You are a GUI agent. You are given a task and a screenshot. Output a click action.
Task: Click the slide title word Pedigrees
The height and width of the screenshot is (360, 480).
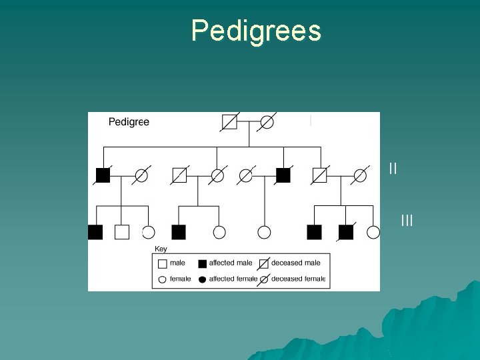(x=256, y=31)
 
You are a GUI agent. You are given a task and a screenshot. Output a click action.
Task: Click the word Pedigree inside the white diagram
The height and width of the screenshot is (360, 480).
(x=129, y=122)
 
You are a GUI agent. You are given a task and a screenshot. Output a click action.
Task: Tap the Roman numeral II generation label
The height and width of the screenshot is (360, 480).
(x=393, y=169)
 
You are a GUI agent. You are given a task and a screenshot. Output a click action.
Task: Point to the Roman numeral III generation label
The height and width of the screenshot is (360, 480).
(x=407, y=219)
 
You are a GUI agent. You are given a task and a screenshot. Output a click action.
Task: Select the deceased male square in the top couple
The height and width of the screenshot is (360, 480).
(x=229, y=122)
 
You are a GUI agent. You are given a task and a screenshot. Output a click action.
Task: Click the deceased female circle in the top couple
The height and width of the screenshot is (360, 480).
(x=267, y=122)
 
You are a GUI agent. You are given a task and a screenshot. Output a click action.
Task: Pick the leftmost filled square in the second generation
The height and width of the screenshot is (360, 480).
(x=103, y=175)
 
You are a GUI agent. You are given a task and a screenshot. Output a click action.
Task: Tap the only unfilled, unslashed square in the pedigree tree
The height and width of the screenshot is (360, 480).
(x=121, y=232)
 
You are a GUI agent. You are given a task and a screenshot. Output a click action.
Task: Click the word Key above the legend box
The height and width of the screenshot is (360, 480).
(x=161, y=249)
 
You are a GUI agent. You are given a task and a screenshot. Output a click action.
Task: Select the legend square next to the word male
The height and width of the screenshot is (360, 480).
(x=162, y=263)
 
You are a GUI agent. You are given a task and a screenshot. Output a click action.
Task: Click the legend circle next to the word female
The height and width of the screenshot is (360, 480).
(x=162, y=279)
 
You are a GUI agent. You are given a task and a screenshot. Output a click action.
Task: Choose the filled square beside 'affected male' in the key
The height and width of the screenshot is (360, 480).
(x=203, y=263)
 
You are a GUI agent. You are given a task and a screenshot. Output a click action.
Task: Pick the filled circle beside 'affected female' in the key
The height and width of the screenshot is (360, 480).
(x=203, y=279)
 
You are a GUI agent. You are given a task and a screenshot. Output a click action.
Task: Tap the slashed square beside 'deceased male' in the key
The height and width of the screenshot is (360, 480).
(x=264, y=263)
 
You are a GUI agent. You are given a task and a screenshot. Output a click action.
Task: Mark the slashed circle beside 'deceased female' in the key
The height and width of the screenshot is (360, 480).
(x=264, y=279)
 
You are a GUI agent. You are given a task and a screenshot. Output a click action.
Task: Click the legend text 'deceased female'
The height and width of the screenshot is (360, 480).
(x=299, y=279)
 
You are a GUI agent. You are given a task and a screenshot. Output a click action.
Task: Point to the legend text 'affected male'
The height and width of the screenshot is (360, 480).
(x=231, y=263)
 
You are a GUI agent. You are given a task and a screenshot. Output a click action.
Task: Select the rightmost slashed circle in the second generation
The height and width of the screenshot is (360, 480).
(x=360, y=175)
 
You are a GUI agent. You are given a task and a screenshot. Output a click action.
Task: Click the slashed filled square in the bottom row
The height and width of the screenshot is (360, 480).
(x=345, y=232)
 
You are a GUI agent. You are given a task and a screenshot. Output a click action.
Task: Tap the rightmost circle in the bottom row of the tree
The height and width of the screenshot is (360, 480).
(x=373, y=232)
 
